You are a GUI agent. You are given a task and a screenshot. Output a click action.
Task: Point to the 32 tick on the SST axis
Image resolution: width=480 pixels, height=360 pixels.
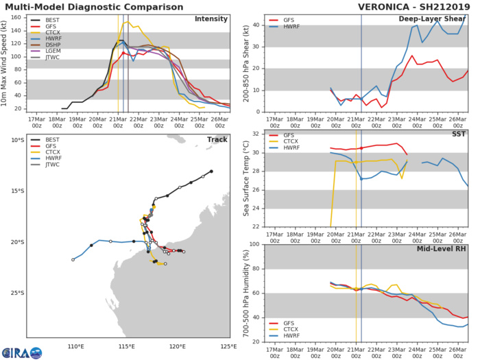point(254,134)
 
